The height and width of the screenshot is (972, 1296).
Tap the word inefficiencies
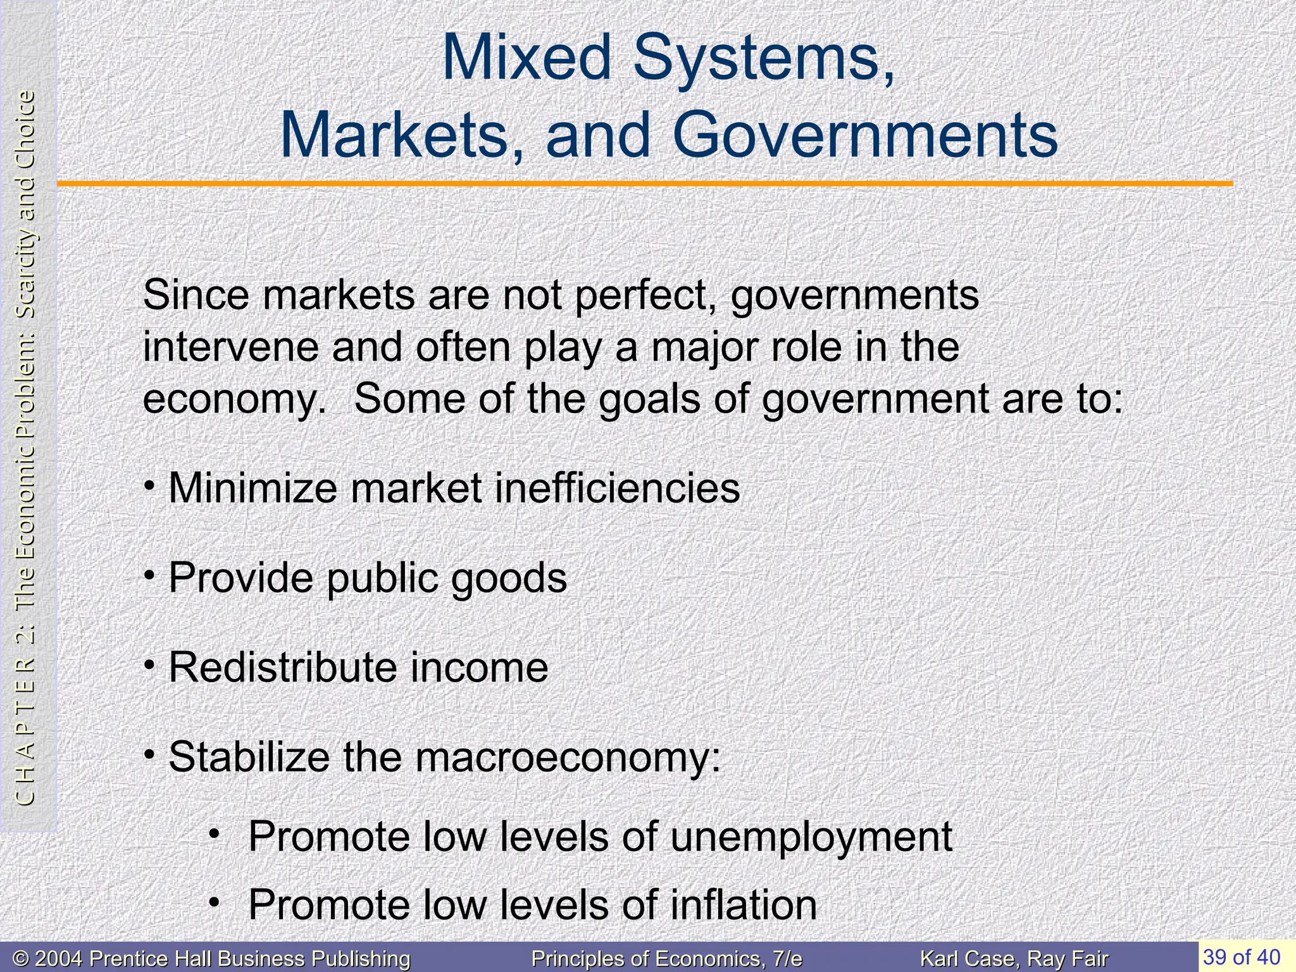(617, 489)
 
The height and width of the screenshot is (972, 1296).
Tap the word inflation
(743, 905)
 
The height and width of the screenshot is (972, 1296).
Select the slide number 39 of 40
(1242, 957)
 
